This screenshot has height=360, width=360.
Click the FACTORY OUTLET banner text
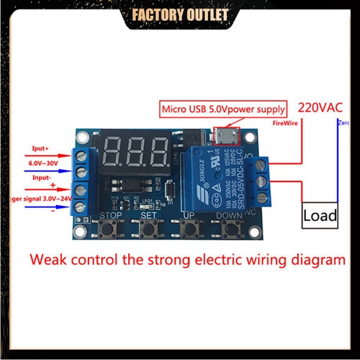click(180, 14)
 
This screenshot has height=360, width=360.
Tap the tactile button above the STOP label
click(109, 230)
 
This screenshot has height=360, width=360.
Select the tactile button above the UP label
click(189, 230)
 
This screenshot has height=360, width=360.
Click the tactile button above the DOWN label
click(230, 230)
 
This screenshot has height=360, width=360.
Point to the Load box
click(320, 215)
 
